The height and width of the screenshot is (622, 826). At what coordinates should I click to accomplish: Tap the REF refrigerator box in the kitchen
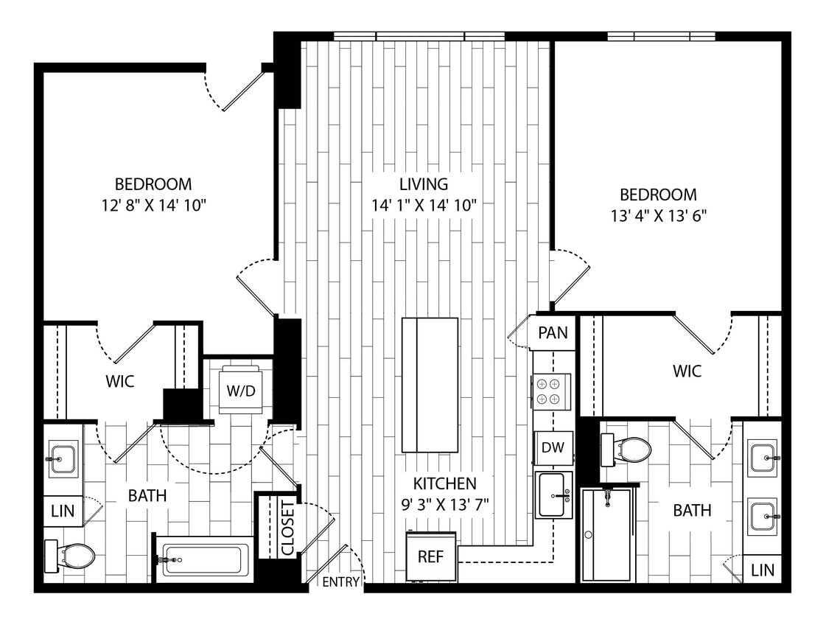point(431,556)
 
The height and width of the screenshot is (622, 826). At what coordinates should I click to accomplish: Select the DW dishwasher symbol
point(553,447)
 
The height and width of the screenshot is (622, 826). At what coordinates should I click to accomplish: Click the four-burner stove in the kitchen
point(551,391)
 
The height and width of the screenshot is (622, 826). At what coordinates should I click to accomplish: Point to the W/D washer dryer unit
point(240,390)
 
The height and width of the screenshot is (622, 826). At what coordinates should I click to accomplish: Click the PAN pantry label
point(553,332)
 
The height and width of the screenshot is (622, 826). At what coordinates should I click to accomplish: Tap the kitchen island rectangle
point(430,385)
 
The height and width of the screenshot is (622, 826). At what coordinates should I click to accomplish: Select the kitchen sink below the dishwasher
point(553,495)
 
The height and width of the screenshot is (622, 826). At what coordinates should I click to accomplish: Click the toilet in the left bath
point(70,556)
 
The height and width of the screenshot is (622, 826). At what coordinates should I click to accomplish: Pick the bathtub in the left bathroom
point(206,560)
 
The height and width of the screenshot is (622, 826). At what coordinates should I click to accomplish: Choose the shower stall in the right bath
point(607,534)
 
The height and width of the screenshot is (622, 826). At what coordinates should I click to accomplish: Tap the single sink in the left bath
point(63,458)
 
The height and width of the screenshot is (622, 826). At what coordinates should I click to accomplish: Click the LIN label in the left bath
point(63,511)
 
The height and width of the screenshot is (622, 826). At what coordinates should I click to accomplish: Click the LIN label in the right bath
point(762,570)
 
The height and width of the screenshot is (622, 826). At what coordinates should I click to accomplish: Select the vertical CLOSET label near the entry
point(287,528)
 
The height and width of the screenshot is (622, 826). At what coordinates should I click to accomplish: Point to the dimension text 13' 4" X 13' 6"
point(658,216)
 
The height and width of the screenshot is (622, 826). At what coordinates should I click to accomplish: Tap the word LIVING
point(419,184)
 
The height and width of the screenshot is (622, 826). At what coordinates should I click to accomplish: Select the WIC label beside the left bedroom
point(120,382)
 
